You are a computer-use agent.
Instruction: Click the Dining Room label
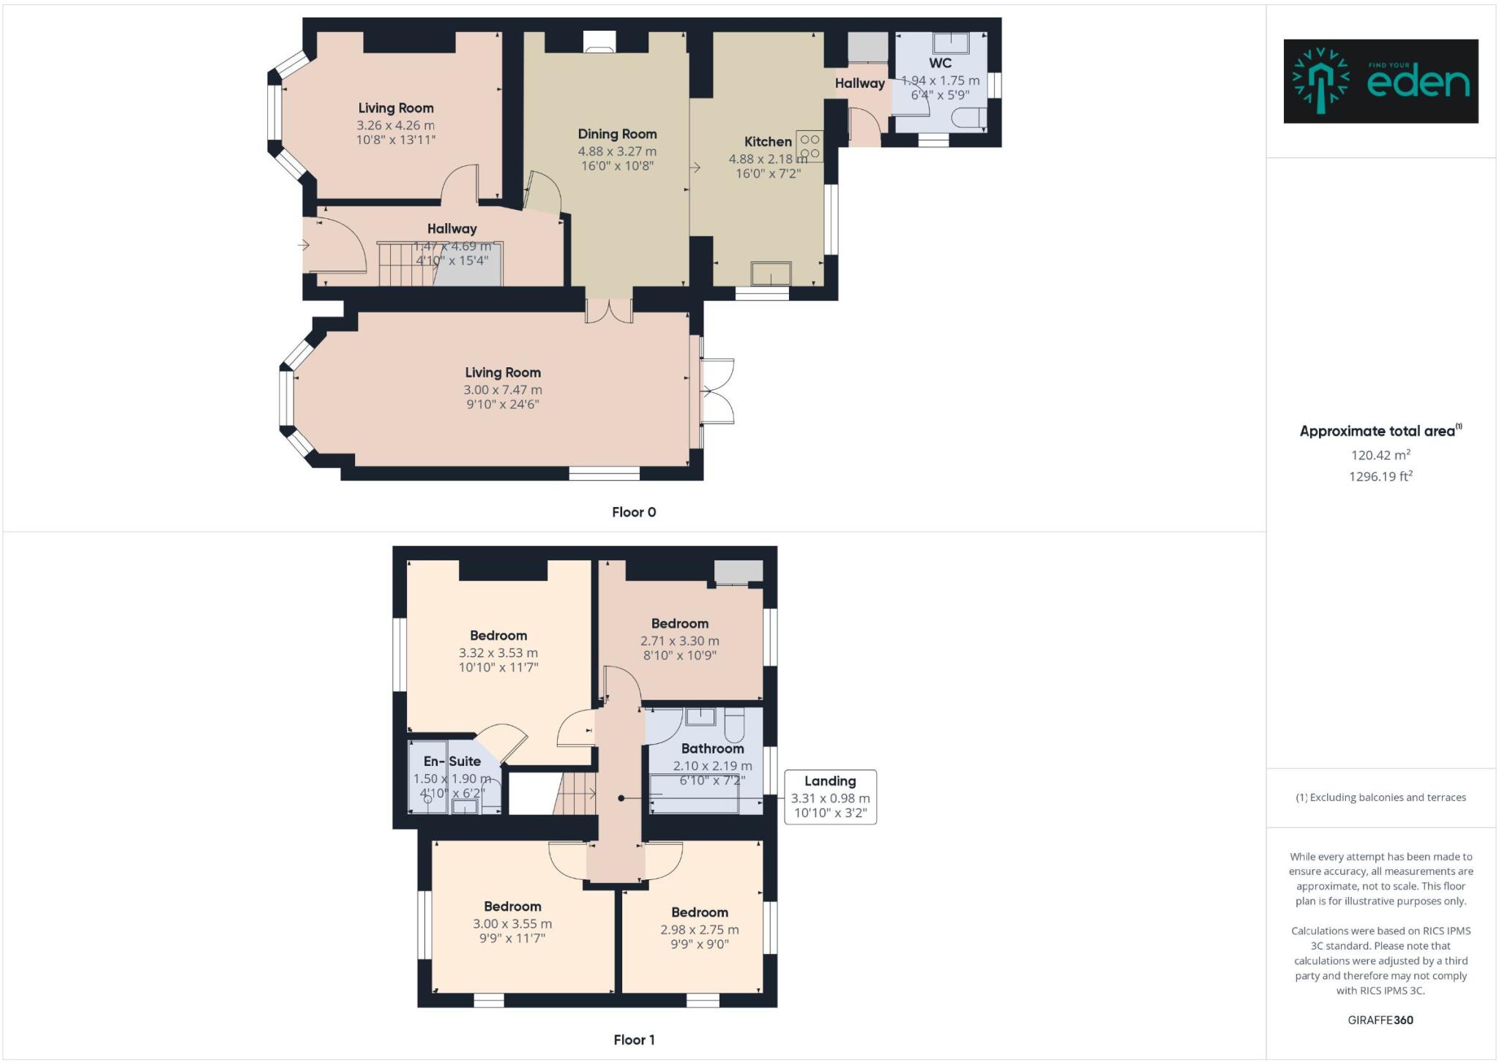(x=617, y=134)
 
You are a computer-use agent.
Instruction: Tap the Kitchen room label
(x=768, y=142)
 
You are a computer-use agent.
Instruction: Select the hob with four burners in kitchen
(x=810, y=146)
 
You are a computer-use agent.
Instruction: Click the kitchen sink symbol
(x=771, y=274)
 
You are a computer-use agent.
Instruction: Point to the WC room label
(x=940, y=63)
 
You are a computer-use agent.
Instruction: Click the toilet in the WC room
(x=969, y=118)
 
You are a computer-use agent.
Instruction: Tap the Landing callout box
(x=830, y=797)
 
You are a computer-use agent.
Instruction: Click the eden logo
(x=1380, y=81)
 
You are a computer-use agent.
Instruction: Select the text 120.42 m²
(x=1380, y=455)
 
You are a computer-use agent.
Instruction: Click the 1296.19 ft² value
(x=1380, y=476)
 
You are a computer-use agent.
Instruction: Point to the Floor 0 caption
(x=634, y=512)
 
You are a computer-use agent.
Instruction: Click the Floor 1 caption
(x=634, y=1040)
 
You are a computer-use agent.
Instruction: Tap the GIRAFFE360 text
(x=1380, y=1020)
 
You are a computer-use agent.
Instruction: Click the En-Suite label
(x=452, y=761)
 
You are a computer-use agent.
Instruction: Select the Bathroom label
(x=712, y=748)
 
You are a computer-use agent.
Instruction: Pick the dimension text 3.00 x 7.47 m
(x=503, y=390)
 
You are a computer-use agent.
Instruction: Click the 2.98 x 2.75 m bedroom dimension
(x=700, y=930)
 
